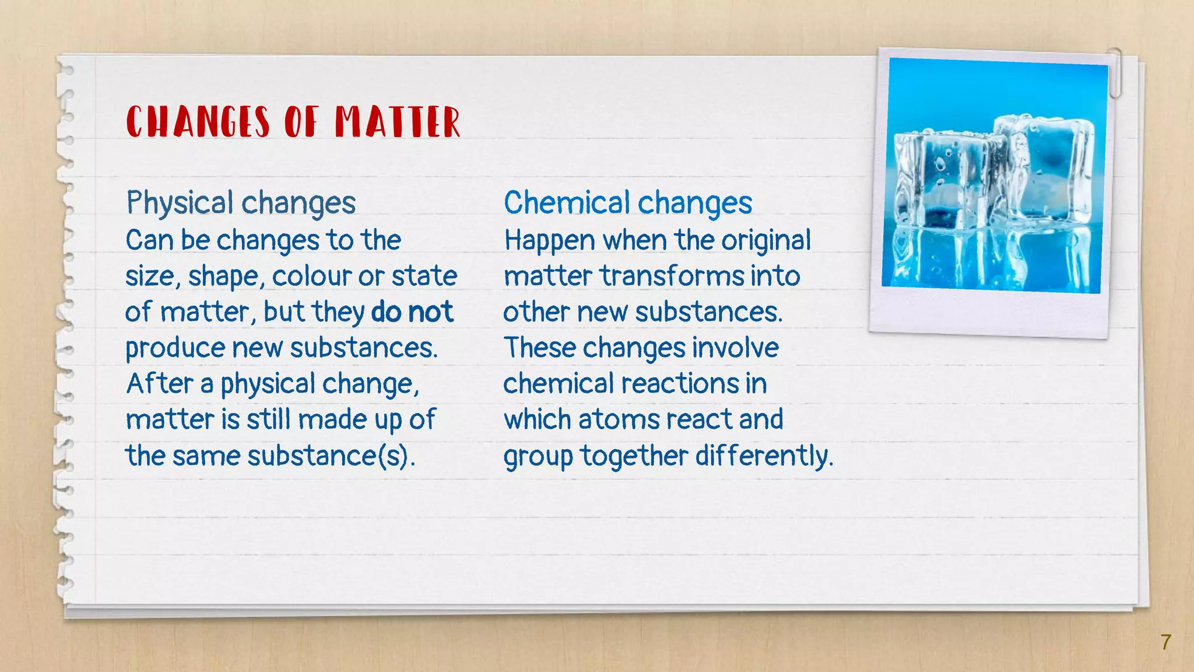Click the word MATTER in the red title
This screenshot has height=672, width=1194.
(x=398, y=122)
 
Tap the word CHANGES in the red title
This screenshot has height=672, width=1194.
(x=198, y=122)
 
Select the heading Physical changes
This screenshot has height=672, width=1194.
(x=241, y=203)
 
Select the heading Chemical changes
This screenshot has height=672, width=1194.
(x=628, y=203)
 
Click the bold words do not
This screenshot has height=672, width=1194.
(x=412, y=311)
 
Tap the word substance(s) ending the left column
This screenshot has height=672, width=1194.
(x=331, y=456)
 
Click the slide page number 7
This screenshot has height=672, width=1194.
(x=1165, y=642)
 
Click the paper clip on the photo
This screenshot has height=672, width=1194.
(x=1115, y=72)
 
